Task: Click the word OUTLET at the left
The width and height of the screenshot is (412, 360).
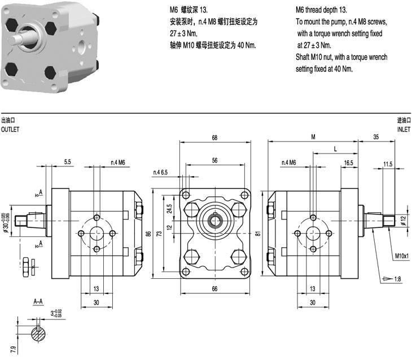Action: [x=10, y=129]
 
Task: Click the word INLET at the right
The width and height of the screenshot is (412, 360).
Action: [x=404, y=129]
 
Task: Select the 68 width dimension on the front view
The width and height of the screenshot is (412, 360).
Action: [x=215, y=137]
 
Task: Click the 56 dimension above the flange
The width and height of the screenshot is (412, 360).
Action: [x=215, y=160]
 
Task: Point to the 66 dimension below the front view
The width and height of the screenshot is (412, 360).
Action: [x=215, y=289]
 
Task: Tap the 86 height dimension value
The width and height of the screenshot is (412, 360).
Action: [x=149, y=234]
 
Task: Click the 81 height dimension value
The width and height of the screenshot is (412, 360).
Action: [x=258, y=234]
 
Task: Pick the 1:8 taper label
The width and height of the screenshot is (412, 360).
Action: [x=398, y=279]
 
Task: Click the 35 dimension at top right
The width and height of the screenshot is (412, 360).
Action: [x=375, y=137]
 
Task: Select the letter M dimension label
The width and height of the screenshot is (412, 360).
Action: [x=313, y=137]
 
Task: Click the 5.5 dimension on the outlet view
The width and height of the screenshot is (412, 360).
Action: [x=67, y=163]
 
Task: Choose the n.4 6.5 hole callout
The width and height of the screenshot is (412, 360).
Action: [x=160, y=172]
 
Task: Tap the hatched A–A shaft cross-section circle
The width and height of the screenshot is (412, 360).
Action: [x=40, y=333]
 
